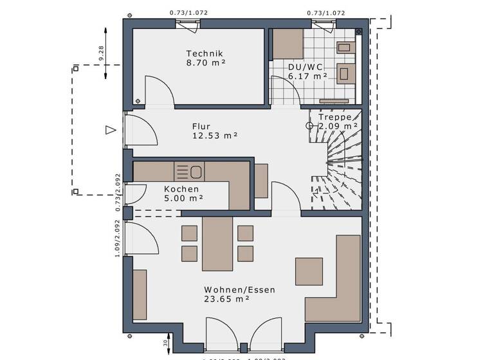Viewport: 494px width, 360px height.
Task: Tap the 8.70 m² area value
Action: coord(205,63)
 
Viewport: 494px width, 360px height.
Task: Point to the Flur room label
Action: coord(201,127)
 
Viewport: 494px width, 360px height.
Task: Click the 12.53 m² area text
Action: coord(215,136)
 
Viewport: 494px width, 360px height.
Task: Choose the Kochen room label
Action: coord(181,189)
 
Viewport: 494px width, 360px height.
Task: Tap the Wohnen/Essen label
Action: coord(239,290)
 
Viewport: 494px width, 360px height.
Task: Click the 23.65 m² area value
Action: coord(226,299)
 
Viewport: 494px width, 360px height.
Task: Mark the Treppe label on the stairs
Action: coord(335,118)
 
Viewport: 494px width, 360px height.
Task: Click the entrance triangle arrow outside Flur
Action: coord(111,130)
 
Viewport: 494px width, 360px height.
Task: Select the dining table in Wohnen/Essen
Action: coord(217,244)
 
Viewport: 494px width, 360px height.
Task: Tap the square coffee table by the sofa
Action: coord(309,271)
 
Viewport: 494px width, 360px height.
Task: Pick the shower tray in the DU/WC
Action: coord(288,44)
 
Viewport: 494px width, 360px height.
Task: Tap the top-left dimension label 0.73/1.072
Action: coord(188,12)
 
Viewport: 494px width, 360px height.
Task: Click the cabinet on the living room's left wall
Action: coord(140,294)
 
